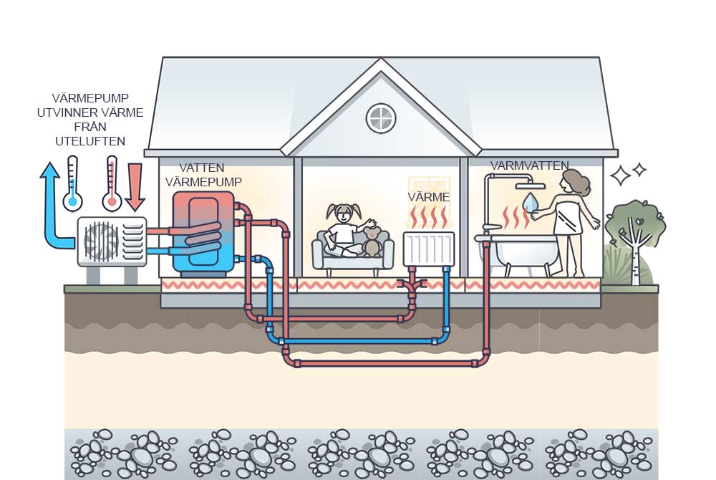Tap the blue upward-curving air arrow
click(x=50, y=208)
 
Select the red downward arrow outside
click(x=135, y=185)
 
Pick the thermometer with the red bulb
click(x=112, y=184)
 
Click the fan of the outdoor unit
click(x=101, y=241)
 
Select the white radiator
click(x=428, y=249)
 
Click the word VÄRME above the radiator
click(x=429, y=196)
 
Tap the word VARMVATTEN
click(x=529, y=166)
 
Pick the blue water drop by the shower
click(x=531, y=201)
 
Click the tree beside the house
click(x=634, y=236)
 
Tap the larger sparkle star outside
click(x=619, y=175)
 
